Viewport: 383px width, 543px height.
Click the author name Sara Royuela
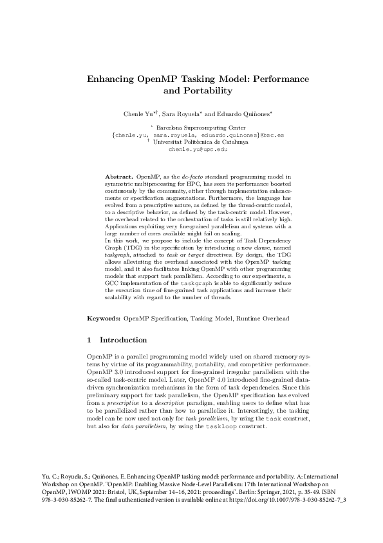(187, 114)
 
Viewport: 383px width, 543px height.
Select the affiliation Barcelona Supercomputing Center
(197, 129)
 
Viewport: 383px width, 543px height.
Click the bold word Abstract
(118, 176)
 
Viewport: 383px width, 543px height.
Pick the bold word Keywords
(104, 319)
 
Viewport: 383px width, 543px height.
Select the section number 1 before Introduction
(89, 340)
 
